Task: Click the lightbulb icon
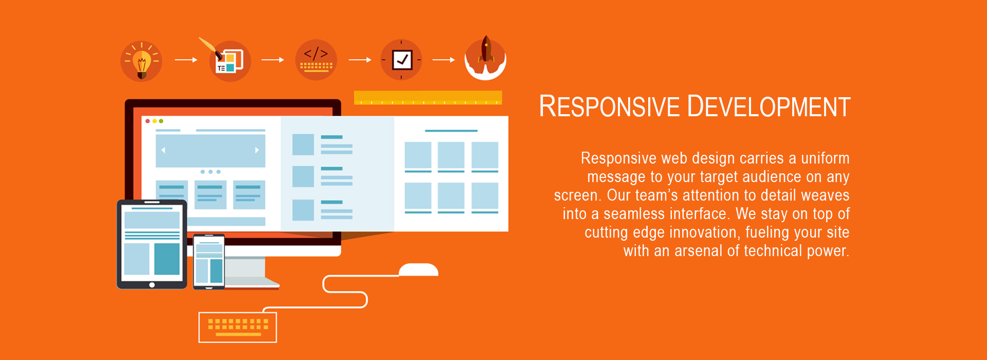(x=141, y=61)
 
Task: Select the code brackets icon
(x=316, y=60)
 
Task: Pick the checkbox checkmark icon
(x=401, y=60)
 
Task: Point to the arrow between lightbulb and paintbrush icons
(x=186, y=60)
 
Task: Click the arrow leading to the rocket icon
(x=444, y=60)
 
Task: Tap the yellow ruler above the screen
(x=428, y=98)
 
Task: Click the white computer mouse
(x=418, y=270)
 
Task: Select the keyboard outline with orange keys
(x=237, y=327)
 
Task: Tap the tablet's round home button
(x=152, y=285)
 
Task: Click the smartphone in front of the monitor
(x=209, y=261)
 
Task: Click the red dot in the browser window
(x=148, y=121)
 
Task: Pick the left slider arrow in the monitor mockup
(x=163, y=150)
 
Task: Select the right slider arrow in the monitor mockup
(x=257, y=150)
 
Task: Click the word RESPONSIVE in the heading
(x=609, y=107)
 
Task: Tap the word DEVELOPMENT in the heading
(x=769, y=107)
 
